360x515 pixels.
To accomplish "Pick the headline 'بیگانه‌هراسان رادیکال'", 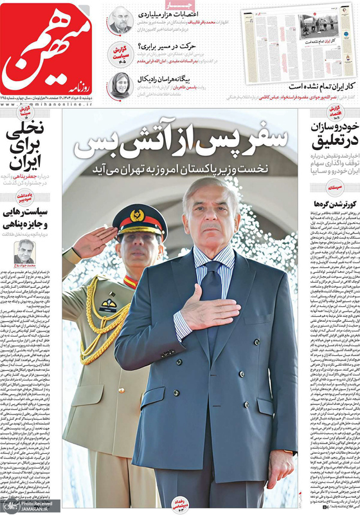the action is click(157, 79).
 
